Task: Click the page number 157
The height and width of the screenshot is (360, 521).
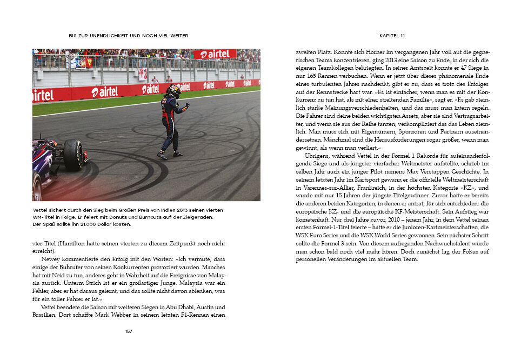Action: [x=129, y=331]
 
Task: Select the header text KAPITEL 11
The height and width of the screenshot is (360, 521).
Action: [x=392, y=36]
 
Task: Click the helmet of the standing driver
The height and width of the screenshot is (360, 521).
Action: [x=174, y=91]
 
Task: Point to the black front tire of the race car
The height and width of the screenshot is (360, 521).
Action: [x=74, y=155]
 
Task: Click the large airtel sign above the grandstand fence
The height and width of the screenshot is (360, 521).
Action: [x=215, y=54]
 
